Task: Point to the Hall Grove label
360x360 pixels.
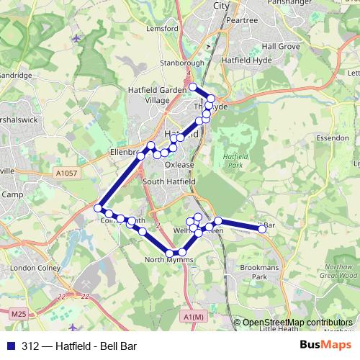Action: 280,45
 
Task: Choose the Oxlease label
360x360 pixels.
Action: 179,164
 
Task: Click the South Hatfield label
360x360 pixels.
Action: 168,181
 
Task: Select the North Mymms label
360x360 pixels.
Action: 165,260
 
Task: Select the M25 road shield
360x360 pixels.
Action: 19,314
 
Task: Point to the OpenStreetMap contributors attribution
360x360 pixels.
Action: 297,323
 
